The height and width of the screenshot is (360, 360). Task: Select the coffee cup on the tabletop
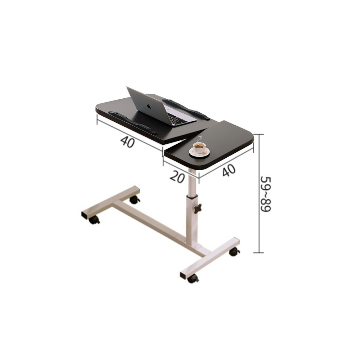coord(199,148)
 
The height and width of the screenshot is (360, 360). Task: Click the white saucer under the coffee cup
coord(199,152)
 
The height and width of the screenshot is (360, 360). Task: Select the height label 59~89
coord(266,194)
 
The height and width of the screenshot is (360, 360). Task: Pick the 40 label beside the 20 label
coord(229,170)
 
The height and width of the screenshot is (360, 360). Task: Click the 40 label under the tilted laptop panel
coord(127,141)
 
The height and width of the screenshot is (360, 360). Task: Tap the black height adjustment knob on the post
coord(198,208)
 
